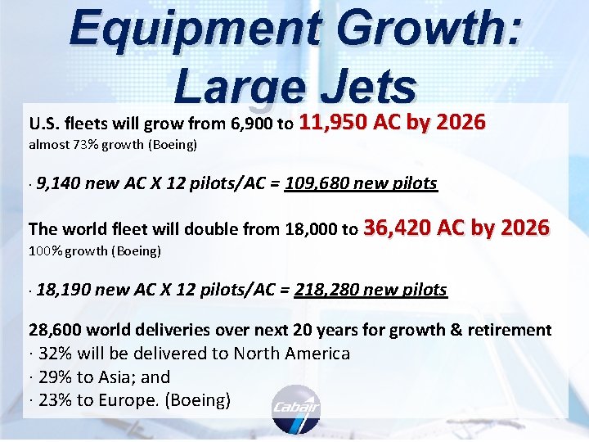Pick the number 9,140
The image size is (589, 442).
tap(58, 183)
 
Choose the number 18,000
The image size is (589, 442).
tap(316, 230)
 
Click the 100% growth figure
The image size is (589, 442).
tap(46, 250)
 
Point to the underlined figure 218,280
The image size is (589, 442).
tap(325, 290)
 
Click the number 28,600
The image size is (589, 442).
tap(54, 330)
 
